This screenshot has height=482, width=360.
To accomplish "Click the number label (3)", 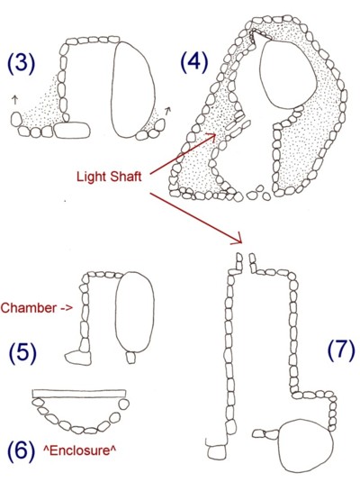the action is point(21,63).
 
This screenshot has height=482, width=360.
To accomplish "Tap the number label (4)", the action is point(193,62).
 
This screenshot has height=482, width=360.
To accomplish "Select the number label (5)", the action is point(22,353).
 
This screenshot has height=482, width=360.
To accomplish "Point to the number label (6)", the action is point(21,451).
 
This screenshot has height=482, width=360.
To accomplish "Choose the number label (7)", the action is point(341,350).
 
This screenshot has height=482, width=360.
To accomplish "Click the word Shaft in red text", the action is point(126,177).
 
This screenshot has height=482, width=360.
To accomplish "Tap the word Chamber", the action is point(29,308).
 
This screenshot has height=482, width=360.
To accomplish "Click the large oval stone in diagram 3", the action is point(132,89).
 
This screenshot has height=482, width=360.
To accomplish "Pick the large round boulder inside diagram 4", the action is point(288,74).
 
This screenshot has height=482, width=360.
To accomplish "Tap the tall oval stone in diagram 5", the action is point(134,312).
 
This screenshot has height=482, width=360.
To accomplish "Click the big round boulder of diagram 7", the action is point(306,445).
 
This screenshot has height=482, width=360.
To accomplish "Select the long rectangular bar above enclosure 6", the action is point(79,394).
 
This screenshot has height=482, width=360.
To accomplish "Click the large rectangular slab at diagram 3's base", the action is point(72,131).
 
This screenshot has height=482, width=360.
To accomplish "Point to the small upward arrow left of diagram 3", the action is point(14,100).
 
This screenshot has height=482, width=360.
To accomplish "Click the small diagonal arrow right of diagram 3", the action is point(167,110).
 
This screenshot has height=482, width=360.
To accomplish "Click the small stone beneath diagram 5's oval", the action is point(131,358).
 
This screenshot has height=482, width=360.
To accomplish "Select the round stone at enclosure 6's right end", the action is point(124,405).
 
